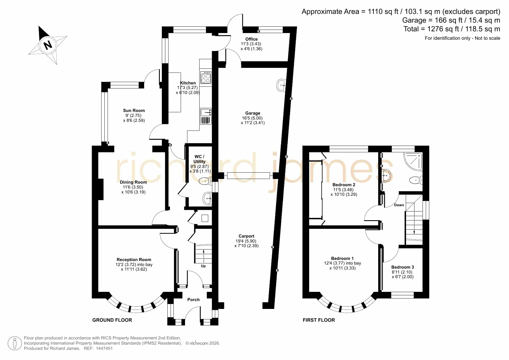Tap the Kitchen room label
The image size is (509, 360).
(x=188, y=83)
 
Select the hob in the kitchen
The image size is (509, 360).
(x=206, y=77)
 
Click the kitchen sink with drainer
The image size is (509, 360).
(x=206, y=116)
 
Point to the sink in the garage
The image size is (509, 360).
(x=282, y=85)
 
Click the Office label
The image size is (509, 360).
(x=251, y=39)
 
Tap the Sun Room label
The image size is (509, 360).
(x=134, y=111)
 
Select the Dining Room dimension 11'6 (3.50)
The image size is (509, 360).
(x=133, y=187)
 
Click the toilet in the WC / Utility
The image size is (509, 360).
(x=204, y=182)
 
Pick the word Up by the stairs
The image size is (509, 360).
(x=203, y=266)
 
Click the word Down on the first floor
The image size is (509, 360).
(x=399, y=205)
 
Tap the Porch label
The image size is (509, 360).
(x=193, y=300)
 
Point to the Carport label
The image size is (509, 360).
(x=247, y=236)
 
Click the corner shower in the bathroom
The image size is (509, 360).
(x=413, y=161)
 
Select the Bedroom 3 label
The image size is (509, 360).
(x=403, y=267)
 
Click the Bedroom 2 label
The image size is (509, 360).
(x=344, y=185)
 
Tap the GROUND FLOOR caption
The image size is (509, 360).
(x=112, y=320)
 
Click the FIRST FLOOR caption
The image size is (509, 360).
(x=319, y=320)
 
